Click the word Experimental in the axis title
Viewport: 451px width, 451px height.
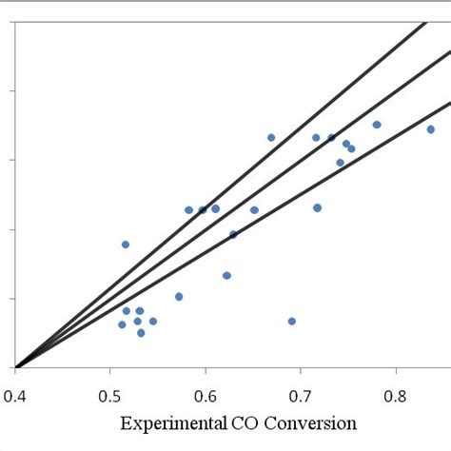point(175,423)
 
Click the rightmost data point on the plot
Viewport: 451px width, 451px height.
point(430,129)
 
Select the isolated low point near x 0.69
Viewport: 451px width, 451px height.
point(292,322)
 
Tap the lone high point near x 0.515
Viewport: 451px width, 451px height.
point(126,245)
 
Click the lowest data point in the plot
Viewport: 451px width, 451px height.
point(141,333)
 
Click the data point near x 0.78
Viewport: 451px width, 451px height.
point(377,125)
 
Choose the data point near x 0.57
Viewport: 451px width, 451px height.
point(179,297)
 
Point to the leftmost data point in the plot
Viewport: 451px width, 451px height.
point(122,324)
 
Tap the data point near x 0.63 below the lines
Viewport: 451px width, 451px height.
point(226,276)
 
